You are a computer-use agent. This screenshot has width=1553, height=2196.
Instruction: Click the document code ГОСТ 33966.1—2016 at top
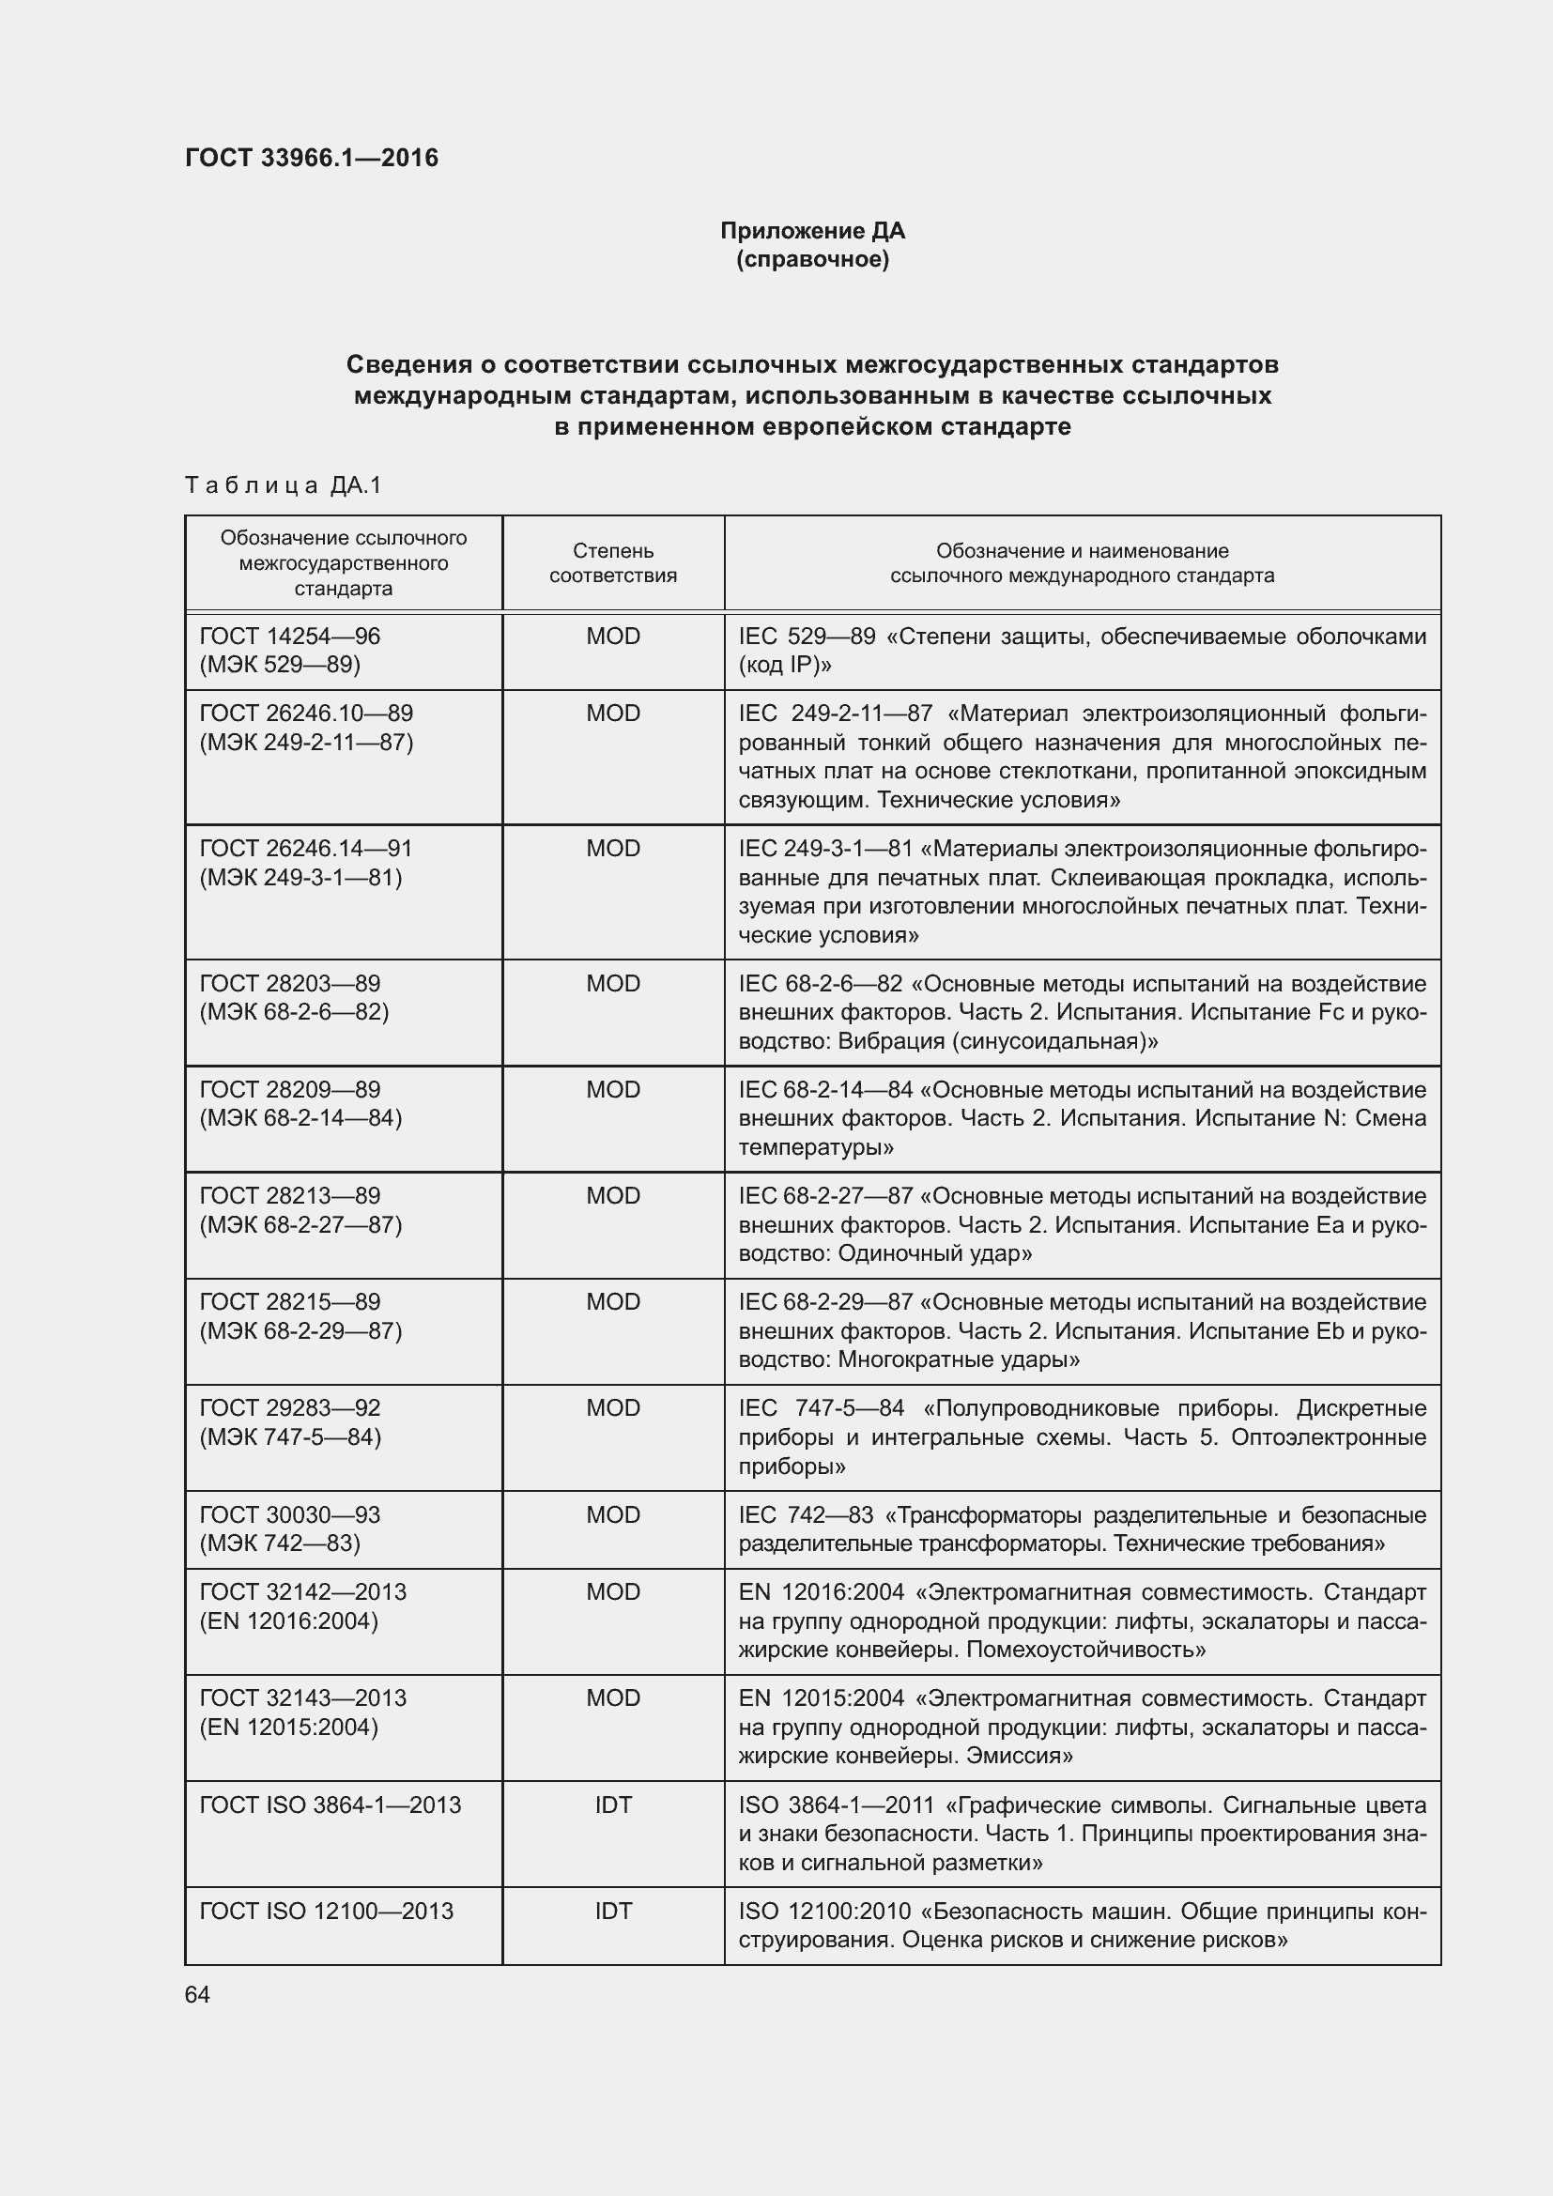312,158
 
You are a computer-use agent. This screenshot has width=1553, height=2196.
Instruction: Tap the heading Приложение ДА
812,231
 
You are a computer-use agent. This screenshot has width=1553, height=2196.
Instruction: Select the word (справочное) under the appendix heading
812,260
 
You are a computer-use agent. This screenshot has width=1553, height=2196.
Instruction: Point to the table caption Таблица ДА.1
283,486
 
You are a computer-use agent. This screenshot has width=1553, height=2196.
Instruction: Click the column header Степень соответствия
613,563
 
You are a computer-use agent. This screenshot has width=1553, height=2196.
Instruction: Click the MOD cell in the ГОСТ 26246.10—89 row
613,714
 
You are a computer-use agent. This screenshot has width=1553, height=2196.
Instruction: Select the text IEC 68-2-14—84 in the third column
826,1090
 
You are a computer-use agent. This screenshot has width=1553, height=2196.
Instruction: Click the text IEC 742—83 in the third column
807,1515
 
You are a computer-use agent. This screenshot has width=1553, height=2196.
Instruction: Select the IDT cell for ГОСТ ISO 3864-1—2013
613,1804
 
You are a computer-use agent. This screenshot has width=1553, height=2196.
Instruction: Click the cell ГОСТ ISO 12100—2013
326,1911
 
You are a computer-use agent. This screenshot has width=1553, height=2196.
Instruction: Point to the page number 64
197,1995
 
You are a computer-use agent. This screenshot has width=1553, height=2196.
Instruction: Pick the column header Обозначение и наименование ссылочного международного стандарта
1082,563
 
